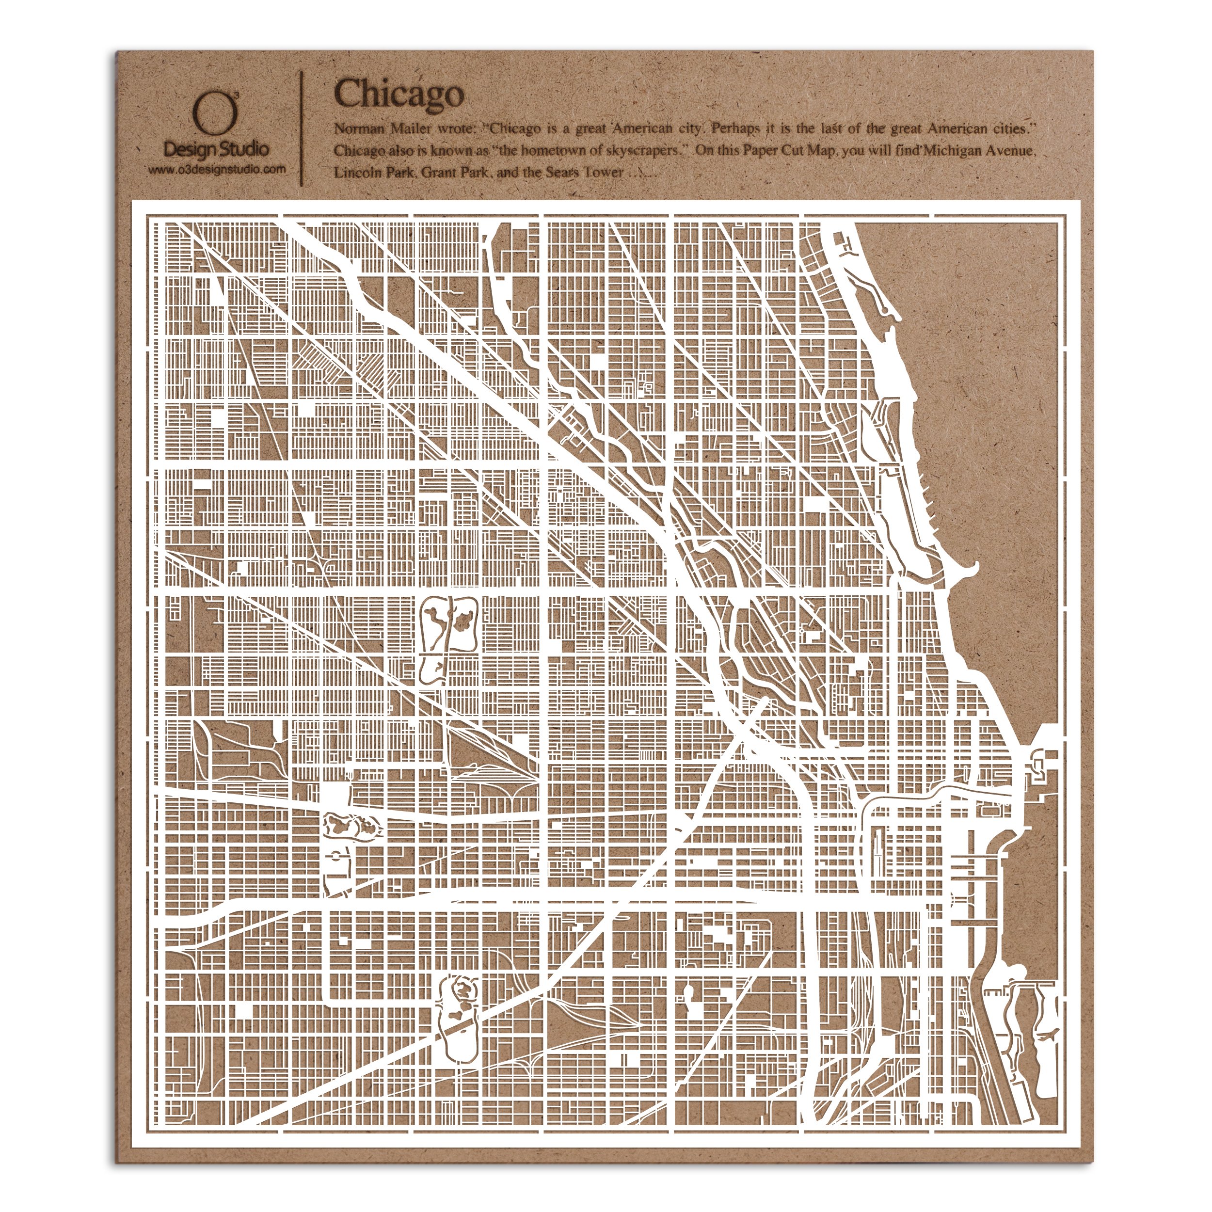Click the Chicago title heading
(x=399, y=94)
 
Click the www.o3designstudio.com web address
(x=216, y=169)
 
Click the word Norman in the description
(x=355, y=130)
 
